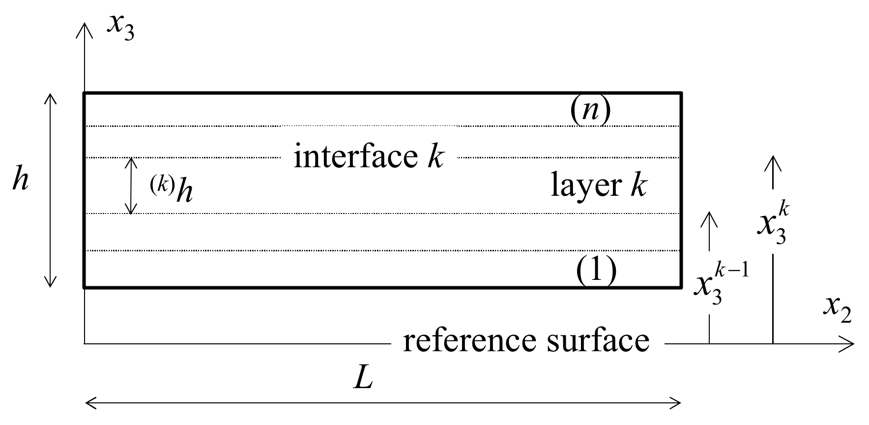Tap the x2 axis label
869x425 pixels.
click(x=837, y=310)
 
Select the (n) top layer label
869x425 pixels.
click(x=590, y=111)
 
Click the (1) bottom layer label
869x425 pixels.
click(x=596, y=271)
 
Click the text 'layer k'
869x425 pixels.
click(x=598, y=186)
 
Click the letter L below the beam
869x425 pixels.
click(x=363, y=379)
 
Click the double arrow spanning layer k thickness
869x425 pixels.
click(x=131, y=186)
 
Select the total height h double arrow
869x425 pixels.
click(x=50, y=190)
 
